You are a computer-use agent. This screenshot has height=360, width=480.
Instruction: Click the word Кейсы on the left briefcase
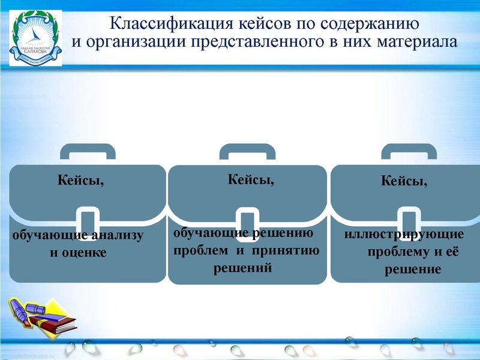pos(80,180)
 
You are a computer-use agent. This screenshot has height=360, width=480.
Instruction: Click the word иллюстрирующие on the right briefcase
pos(404,235)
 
